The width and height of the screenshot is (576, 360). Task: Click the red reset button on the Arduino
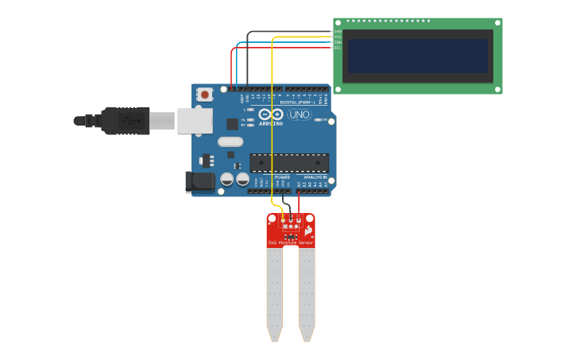(205, 95)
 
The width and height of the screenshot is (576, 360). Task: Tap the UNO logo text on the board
(299, 115)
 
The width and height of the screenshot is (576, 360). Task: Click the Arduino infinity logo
(271, 114)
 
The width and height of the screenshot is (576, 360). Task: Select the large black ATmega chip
(289, 163)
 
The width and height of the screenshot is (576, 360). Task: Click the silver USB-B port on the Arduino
(195, 121)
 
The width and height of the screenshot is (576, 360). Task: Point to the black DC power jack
(199, 182)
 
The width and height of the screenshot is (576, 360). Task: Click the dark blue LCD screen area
(417, 56)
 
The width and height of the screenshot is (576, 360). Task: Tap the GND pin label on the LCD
(338, 32)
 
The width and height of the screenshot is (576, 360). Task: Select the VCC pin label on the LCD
(338, 37)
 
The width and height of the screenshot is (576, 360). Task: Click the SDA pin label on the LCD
(338, 42)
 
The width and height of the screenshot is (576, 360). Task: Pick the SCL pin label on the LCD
(338, 48)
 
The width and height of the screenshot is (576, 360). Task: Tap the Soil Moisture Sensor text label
(290, 242)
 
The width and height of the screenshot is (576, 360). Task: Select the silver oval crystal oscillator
(230, 142)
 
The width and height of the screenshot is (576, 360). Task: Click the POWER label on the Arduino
(282, 177)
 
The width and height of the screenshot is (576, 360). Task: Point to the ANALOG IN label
(314, 177)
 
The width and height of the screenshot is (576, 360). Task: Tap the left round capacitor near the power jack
(227, 180)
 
